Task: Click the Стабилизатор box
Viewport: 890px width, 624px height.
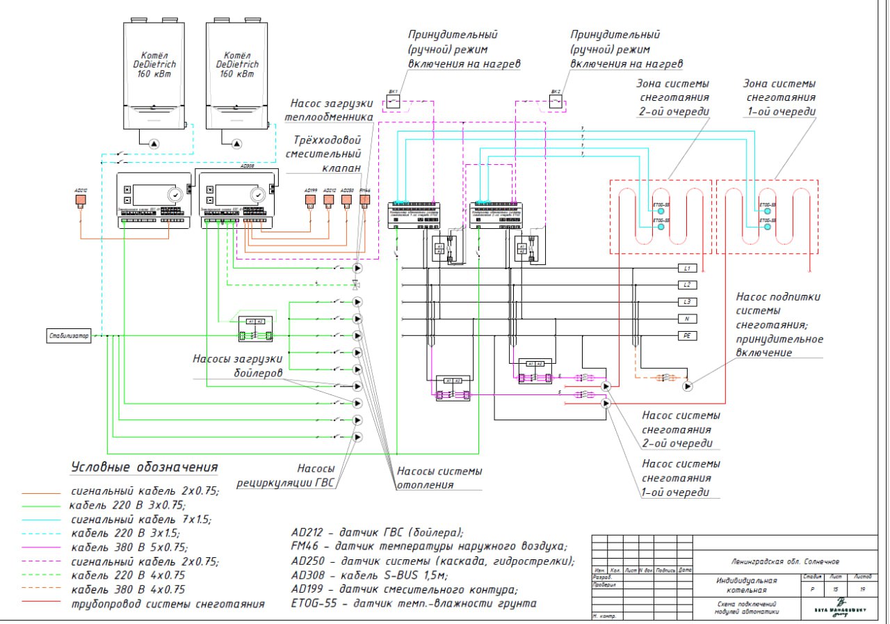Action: point(69,336)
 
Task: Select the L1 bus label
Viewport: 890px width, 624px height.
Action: point(686,269)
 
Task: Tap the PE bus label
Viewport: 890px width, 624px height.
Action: point(686,336)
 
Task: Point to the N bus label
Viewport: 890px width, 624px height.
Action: point(686,319)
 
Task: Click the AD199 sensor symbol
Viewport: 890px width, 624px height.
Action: point(311,201)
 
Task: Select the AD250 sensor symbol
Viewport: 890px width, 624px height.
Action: point(347,201)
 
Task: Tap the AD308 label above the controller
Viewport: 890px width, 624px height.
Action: point(246,167)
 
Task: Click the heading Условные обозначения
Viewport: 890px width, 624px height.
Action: point(145,466)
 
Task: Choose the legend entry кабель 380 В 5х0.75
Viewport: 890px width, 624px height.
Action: point(129,547)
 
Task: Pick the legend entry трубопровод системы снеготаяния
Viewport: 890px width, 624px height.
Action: point(168,604)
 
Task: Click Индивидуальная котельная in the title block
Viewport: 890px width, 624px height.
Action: point(746,585)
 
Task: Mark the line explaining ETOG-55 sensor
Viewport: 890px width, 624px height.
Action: point(414,603)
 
